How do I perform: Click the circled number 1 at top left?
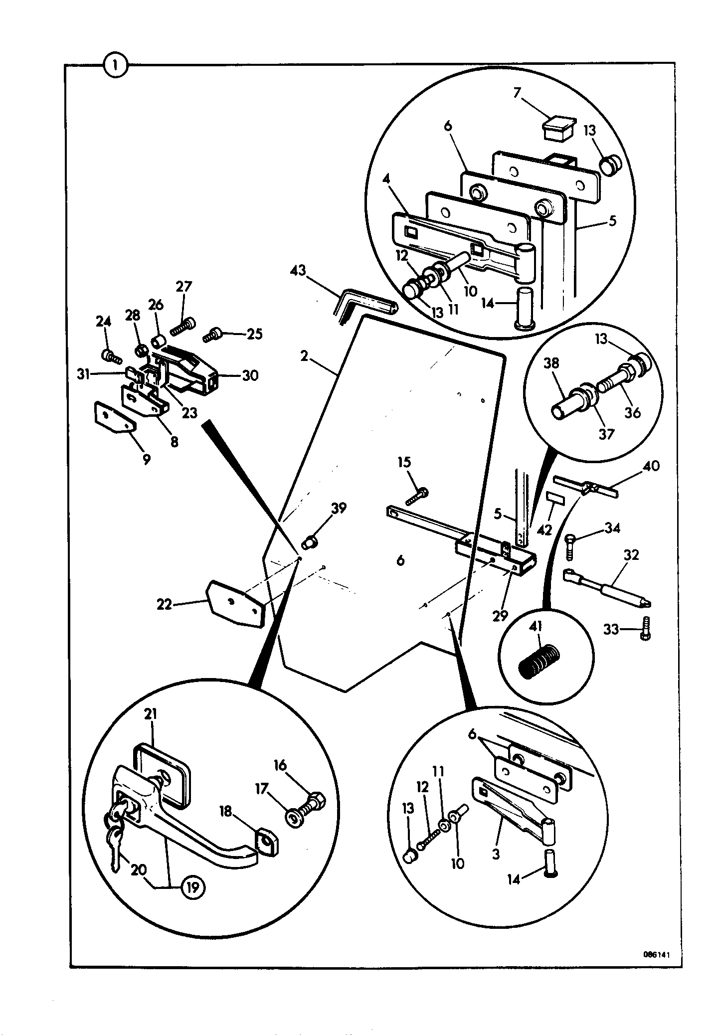click(116, 66)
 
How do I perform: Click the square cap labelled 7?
click(558, 128)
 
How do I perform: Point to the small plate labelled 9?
click(114, 417)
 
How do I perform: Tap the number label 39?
click(339, 509)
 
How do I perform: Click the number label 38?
click(551, 363)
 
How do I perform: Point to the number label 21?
click(151, 714)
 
